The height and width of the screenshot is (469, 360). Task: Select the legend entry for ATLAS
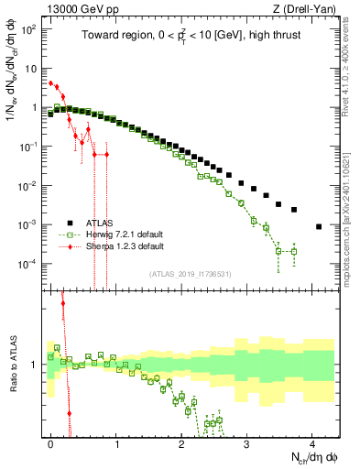point(101,223)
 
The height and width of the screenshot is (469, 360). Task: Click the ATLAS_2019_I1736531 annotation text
point(191,273)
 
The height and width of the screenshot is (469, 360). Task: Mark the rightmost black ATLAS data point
point(318,226)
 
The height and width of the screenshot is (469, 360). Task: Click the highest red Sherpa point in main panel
point(51,83)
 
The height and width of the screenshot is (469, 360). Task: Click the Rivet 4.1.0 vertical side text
point(341,64)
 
